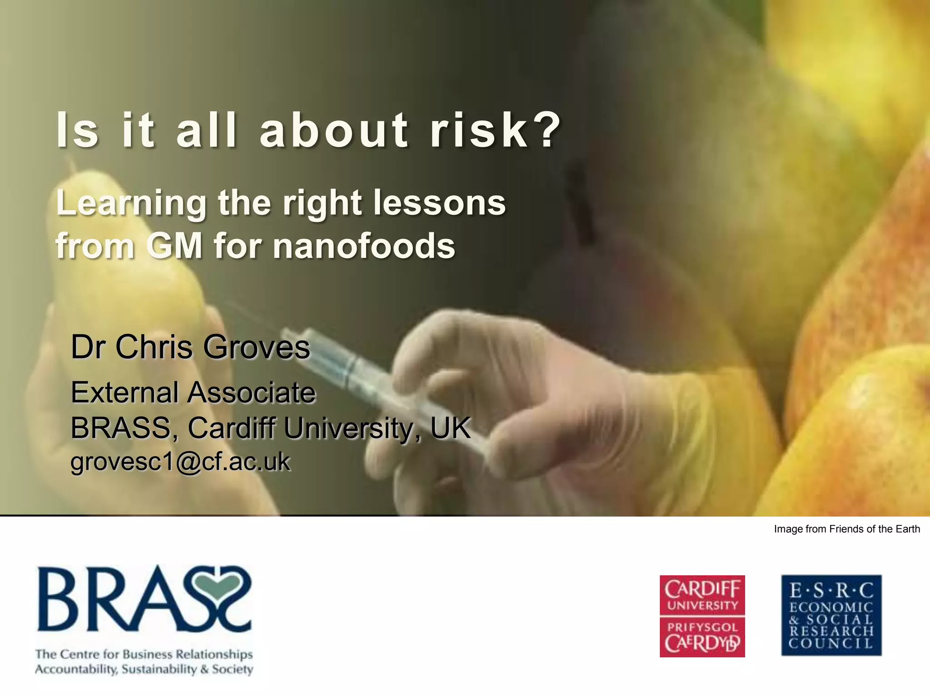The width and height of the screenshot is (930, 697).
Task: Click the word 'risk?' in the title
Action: (495, 131)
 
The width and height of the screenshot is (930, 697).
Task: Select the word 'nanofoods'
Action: (363, 246)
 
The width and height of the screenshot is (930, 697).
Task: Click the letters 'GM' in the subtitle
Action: (174, 246)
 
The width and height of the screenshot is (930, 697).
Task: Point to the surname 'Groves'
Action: (257, 347)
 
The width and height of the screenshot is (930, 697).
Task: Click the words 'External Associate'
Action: (193, 393)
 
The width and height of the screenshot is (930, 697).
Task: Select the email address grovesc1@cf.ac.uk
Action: (180, 462)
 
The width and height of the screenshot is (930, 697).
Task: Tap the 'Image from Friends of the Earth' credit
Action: (847, 529)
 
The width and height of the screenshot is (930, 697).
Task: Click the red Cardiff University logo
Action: (702, 616)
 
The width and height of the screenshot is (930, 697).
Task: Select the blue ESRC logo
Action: (831, 616)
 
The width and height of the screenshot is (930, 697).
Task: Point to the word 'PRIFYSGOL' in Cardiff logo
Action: (702, 628)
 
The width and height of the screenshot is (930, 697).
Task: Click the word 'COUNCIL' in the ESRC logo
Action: (831, 643)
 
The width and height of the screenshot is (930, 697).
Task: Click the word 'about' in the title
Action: (334, 131)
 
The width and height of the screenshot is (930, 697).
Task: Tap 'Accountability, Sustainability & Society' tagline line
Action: (144, 669)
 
